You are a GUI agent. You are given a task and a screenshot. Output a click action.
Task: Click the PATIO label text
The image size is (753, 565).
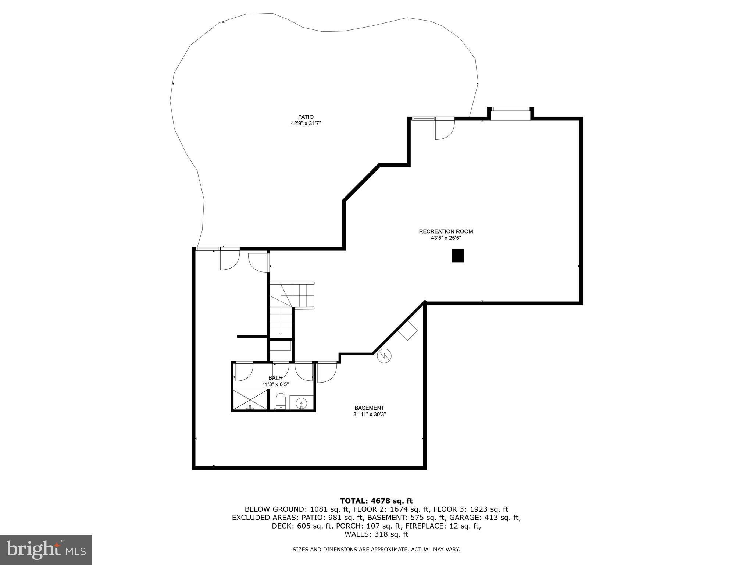(306, 117)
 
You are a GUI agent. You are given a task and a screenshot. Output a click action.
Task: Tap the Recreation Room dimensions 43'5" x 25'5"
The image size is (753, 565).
(446, 238)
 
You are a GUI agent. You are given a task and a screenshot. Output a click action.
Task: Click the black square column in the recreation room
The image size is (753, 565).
(458, 256)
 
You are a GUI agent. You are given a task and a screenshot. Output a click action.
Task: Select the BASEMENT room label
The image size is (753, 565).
(369, 408)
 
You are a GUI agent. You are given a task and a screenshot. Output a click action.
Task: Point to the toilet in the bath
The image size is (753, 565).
(281, 401)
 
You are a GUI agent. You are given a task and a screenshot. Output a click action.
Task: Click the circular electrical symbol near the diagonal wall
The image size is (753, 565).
(384, 355)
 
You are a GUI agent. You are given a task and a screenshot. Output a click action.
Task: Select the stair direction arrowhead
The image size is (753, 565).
(281, 334)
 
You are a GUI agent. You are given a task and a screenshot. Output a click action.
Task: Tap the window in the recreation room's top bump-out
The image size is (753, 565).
(511, 109)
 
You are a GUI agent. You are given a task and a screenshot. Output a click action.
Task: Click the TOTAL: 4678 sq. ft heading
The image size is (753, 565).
(376, 501)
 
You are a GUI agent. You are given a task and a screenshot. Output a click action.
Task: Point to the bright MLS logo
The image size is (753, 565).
(46, 550)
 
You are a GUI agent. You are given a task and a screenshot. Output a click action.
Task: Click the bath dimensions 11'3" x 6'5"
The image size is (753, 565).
(275, 384)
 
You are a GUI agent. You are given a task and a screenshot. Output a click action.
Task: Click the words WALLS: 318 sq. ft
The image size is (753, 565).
(376, 534)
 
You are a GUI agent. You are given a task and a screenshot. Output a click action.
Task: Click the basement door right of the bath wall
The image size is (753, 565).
(326, 372)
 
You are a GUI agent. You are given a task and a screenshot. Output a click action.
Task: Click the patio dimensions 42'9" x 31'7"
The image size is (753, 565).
(306, 124)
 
